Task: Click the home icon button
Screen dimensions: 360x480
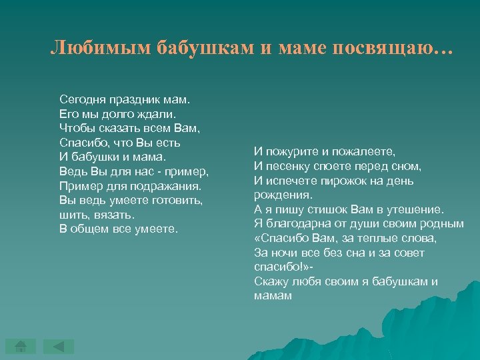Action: [21, 346]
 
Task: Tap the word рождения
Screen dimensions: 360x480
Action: [281, 195]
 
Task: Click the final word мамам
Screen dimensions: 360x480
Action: [273, 295]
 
